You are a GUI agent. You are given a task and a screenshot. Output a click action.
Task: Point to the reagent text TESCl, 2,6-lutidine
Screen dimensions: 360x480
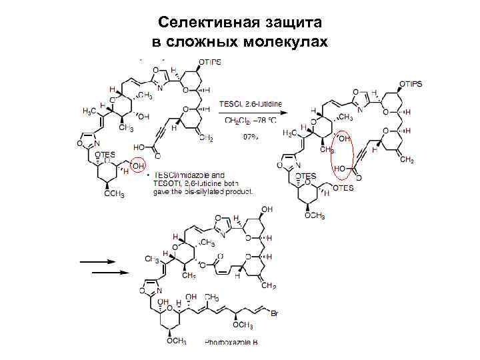coord(250,103)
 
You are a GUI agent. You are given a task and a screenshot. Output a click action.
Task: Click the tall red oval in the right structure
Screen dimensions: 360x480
coord(342,153)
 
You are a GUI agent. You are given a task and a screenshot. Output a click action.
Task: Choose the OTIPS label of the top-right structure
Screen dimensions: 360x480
coord(411,85)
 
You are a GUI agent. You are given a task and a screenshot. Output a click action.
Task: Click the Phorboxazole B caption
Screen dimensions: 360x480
coord(230,341)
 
